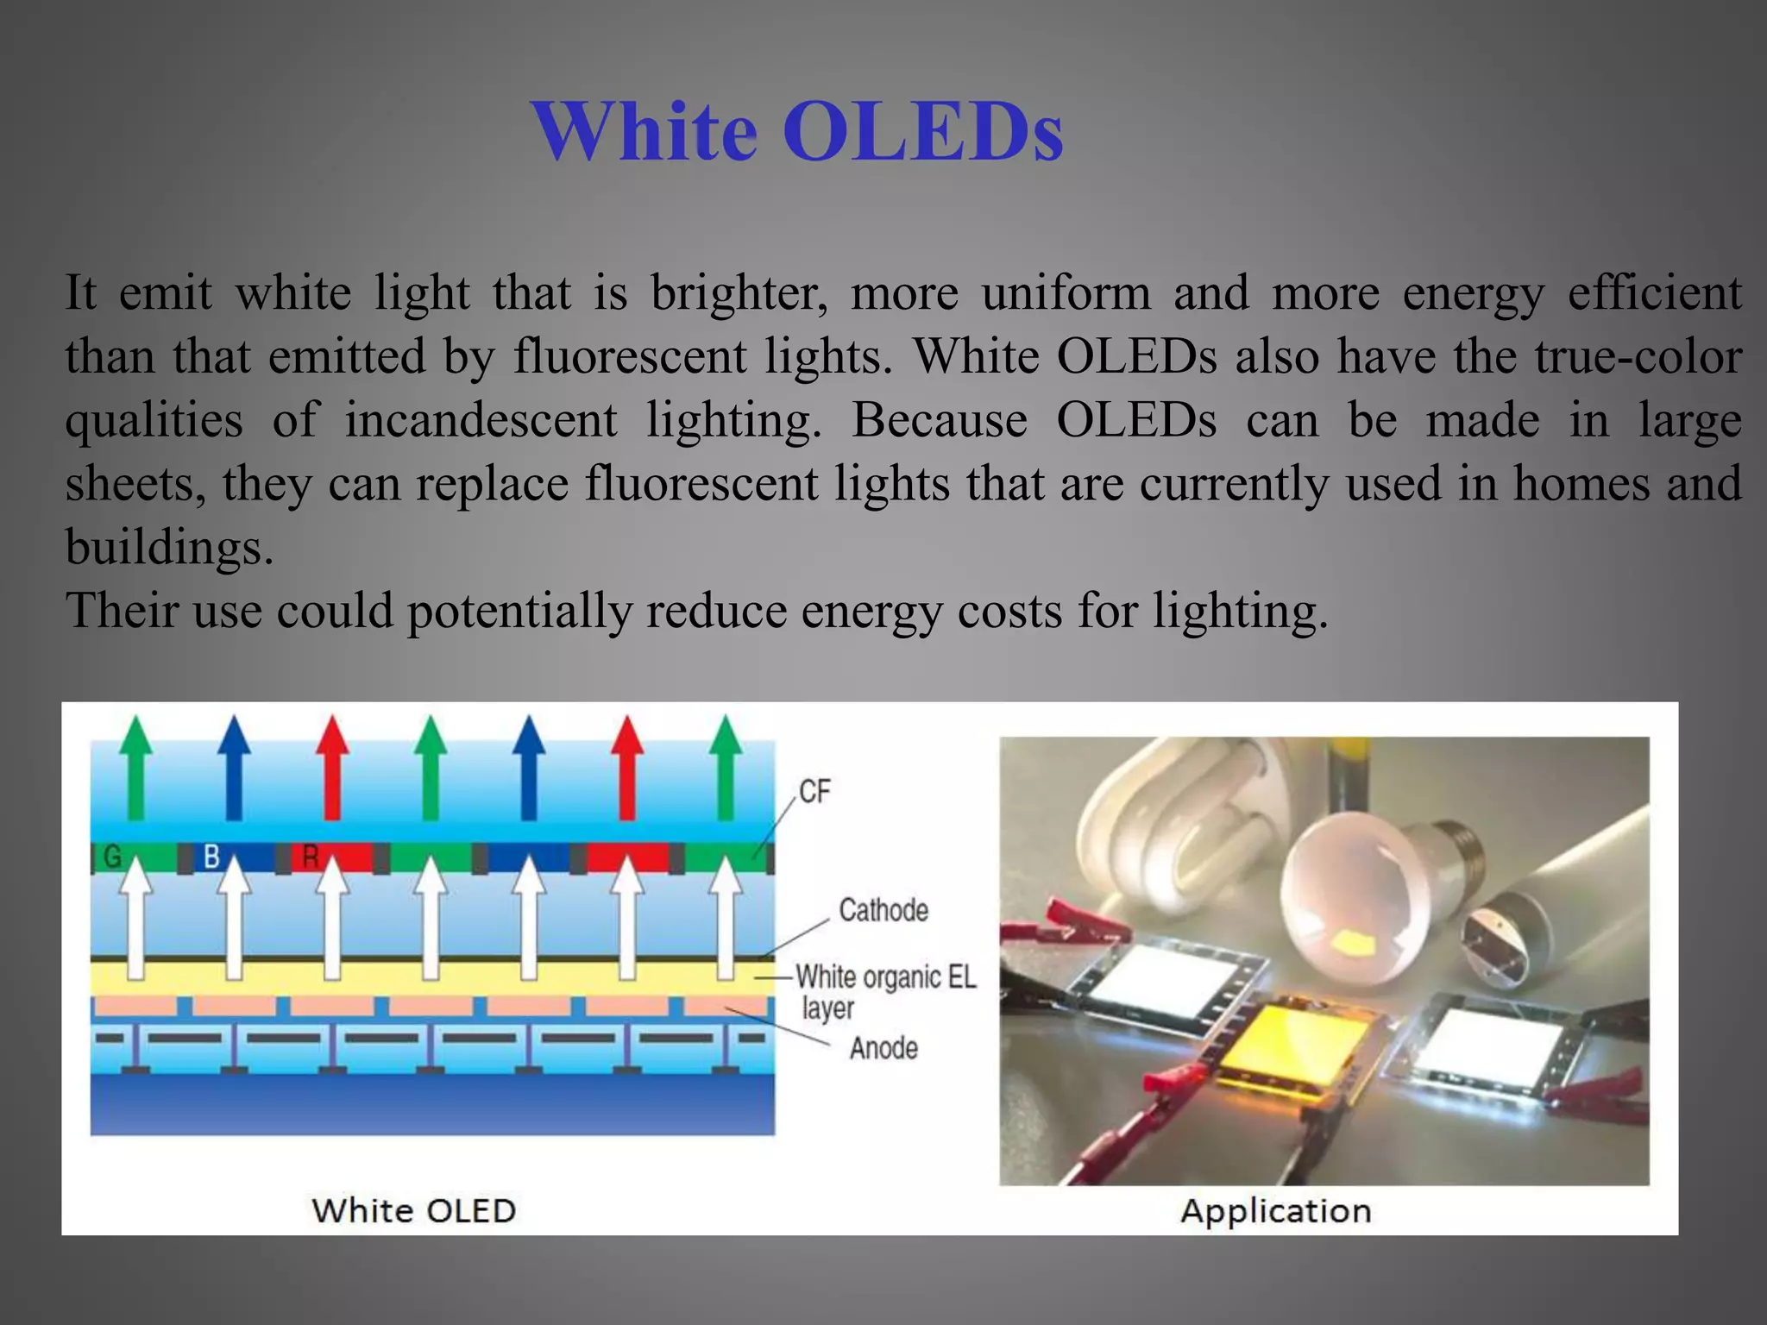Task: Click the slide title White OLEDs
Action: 797,131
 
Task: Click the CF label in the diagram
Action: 814,791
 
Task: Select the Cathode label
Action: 883,910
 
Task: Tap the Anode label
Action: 883,1048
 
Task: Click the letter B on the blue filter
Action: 211,857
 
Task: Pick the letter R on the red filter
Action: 311,857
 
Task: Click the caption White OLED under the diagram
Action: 414,1210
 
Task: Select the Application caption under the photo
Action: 1275,1211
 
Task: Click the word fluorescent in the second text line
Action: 630,355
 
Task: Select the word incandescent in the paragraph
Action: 481,420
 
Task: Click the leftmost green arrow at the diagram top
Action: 135,768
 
